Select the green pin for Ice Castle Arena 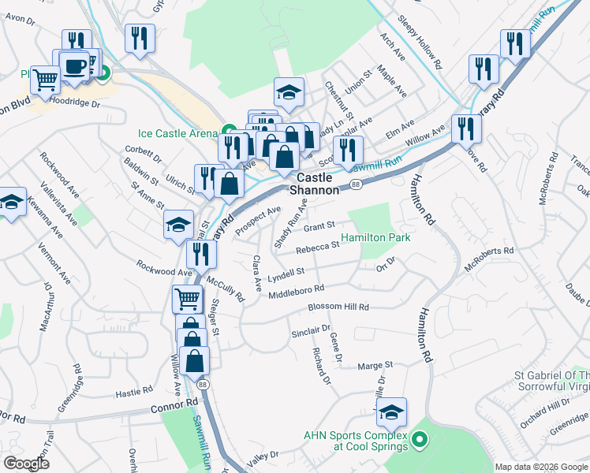click(229, 132)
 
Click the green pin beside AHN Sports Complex click(420, 439)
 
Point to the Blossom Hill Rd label click(338, 307)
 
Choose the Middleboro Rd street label click(296, 292)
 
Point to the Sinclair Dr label click(310, 333)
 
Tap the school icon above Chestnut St click(289, 91)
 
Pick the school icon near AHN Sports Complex click(391, 412)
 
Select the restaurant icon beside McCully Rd click(201, 253)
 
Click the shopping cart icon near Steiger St click(187, 298)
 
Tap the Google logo click(26, 464)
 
